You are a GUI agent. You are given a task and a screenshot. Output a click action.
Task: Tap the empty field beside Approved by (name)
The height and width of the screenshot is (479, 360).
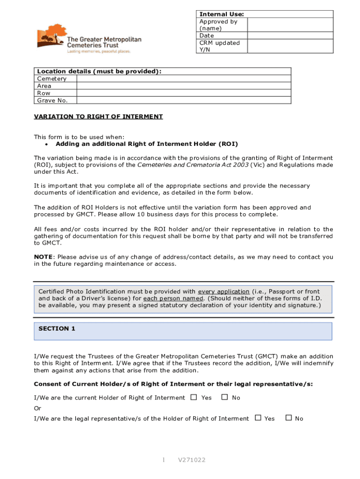pyautogui.click(x=290, y=25)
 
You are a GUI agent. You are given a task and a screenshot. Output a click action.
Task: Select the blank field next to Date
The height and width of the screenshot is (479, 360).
pyautogui.click(x=290, y=36)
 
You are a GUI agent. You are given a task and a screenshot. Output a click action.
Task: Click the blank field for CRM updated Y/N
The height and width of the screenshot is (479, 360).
pyautogui.click(x=290, y=46)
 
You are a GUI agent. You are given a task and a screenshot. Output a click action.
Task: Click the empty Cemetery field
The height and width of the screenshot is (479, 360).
pyautogui.click(x=183, y=79)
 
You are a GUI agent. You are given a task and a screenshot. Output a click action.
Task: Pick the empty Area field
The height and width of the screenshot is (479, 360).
pyautogui.click(x=183, y=86)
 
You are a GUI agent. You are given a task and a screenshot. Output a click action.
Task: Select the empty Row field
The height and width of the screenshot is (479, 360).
pyautogui.click(x=183, y=93)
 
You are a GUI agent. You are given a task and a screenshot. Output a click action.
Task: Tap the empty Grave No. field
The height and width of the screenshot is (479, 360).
pyautogui.click(x=183, y=101)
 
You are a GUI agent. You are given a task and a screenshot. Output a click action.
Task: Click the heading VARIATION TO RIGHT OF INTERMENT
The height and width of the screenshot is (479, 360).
pyautogui.click(x=98, y=116)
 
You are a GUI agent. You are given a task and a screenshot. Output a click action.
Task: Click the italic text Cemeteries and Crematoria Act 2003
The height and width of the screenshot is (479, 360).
pyautogui.click(x=193, y=165)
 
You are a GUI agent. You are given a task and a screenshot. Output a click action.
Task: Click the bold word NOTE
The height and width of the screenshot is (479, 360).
pyautogui.click(x=43, y=257)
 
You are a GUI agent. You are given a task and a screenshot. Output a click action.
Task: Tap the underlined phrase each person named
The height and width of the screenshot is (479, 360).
pyautogui.click(x=173, y=298)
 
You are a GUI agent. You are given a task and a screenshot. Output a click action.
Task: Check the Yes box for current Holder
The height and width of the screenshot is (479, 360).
pyautogui.click(x=194, y=397)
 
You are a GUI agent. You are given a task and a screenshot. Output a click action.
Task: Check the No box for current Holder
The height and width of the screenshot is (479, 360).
pyautogui.click(x=224, y=397)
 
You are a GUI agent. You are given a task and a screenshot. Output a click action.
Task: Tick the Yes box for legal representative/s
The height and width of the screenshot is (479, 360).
pyautogui.click(x=258, y=418)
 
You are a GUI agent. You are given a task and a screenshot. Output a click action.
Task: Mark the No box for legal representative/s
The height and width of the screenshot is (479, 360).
pyautogui.click(x=288, y=418)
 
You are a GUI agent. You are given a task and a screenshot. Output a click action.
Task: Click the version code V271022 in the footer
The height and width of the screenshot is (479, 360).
pyautogui.click(x=191, y=460)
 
